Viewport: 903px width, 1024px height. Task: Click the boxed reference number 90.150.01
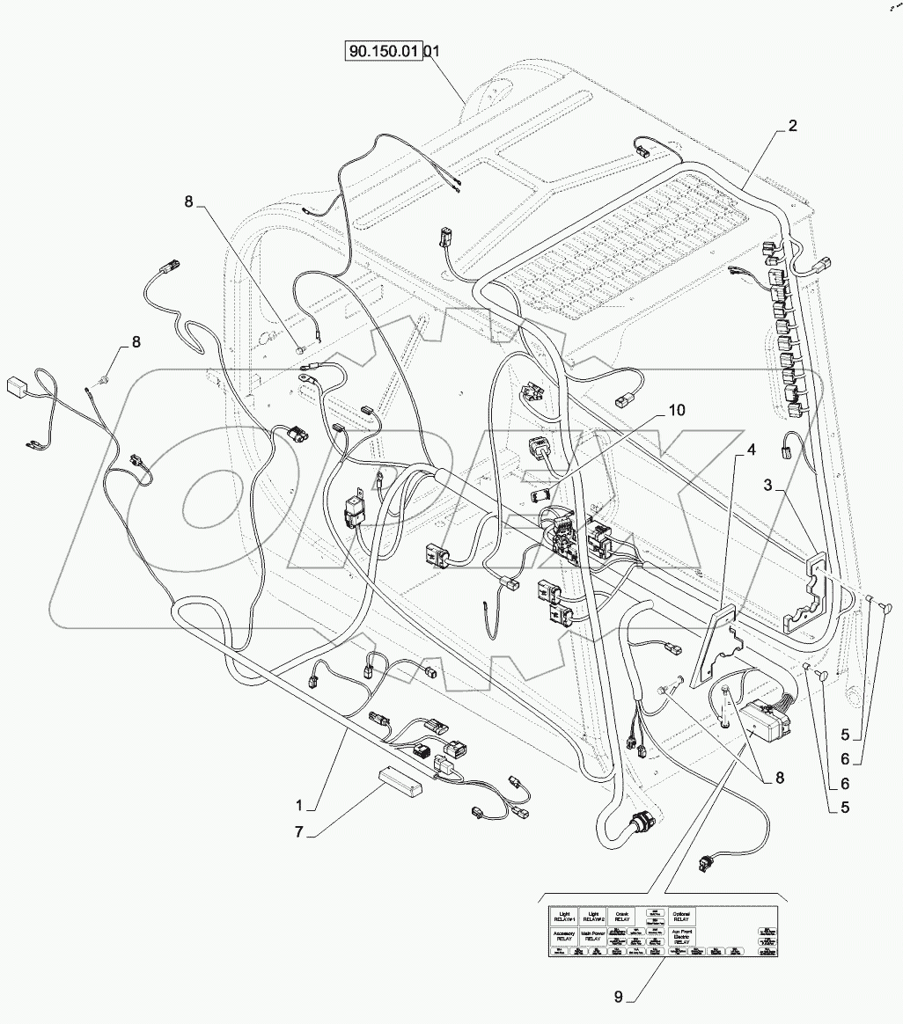[385, 52]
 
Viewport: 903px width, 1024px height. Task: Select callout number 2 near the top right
[792, 127]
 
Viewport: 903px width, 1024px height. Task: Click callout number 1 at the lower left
[299, 805]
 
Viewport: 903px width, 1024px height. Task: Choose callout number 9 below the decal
[619, 997]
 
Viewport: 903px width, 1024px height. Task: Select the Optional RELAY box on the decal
[682, 915]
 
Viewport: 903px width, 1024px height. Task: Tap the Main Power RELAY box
[592, 937]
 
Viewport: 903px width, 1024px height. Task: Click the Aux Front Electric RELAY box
[682, 938]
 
